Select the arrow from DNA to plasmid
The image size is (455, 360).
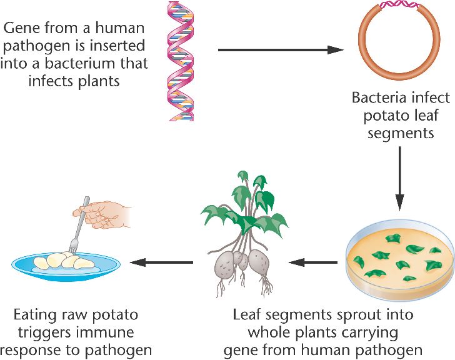[281, 49]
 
